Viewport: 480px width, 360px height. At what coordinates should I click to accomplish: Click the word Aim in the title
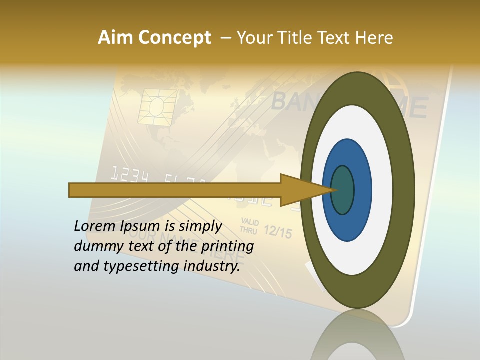tap(114, 38)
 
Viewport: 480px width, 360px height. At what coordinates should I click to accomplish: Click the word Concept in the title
tap(173, 38)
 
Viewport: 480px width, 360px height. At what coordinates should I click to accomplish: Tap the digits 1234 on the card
tap(129, 174)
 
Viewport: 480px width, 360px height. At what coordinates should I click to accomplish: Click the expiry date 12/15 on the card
tap(277, 232)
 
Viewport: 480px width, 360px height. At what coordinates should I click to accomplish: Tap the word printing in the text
tap(227, 246)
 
